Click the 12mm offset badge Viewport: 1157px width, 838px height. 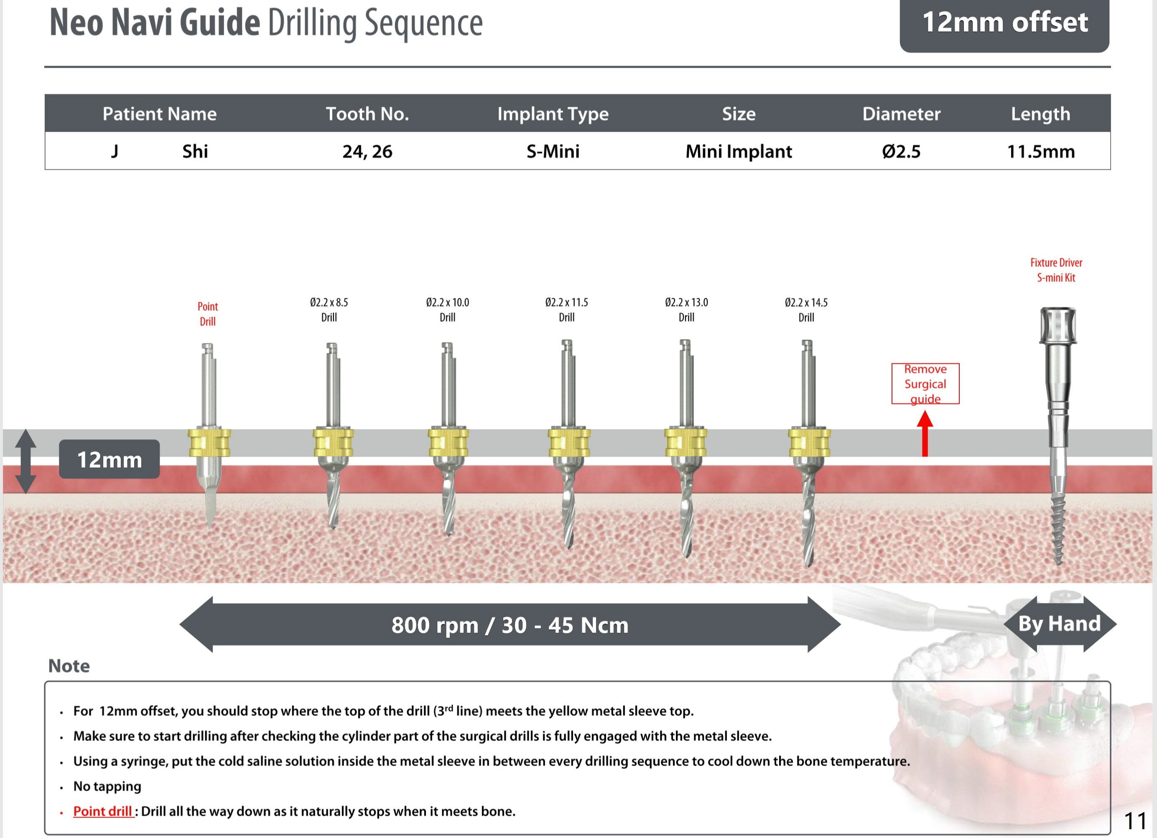[x=1004, y=23]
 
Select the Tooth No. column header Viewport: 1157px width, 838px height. [x=367, y=113]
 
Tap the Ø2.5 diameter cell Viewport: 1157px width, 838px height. [x=901, y=151]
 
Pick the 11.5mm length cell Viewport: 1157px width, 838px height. [x=1041, y=151]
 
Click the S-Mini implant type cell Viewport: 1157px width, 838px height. [x=553, y=151]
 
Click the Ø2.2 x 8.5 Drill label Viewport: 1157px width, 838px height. [x=329, y=309]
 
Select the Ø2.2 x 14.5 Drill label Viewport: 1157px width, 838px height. [x=806, y=309]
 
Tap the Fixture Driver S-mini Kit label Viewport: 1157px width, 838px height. [x=1056, y=270]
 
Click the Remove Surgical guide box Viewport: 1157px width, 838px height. [x=925, y=384]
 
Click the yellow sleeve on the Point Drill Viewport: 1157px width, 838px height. [x=209, y=442]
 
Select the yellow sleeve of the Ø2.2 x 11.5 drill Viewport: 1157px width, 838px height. [x=569, y=442]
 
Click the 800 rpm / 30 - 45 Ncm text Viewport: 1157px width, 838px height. [x=510, y=625]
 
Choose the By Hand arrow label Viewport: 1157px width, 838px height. [x=1059, y=623]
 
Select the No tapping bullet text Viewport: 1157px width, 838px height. [x=107, y=786]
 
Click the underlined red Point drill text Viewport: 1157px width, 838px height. [x=102, y=811]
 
